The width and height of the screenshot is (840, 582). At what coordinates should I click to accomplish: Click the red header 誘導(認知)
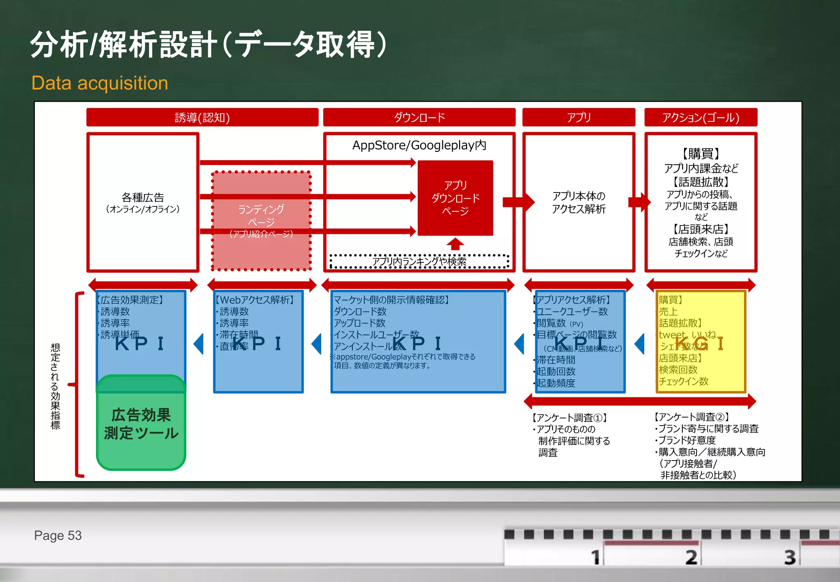(x=202, y=117)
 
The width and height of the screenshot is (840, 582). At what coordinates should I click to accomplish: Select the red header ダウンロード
(x=419, y=117)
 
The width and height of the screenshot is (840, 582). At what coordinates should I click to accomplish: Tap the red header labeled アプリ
(x=578, y=117)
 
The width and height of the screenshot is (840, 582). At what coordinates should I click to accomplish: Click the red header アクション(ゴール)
(x=701, y=117)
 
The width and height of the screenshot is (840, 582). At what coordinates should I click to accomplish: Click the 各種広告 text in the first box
(x=143, y=198)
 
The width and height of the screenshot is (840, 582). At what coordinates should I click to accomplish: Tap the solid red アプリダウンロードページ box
(x=455, y=198)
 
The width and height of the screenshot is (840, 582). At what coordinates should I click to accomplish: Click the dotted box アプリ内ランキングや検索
(x=419, y=261)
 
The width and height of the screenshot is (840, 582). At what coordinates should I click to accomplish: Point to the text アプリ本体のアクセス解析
(x=578, y=202)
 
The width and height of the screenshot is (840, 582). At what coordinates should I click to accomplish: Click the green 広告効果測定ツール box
(x=141, y=424)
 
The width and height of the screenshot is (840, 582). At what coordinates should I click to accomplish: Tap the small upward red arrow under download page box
(x=455, y=244)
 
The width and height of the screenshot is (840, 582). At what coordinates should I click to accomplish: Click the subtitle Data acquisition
(x=100, y=83)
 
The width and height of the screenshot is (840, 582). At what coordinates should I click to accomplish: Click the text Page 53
(x=58, y=535)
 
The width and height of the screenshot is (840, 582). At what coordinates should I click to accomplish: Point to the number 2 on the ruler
(x=691, y=557)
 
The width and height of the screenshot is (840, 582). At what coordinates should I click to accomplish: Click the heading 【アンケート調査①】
(x=569, y=418)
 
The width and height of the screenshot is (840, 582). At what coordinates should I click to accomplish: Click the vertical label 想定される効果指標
(x=55, y=386)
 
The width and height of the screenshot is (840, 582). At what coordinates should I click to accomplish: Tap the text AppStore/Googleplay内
(x=419, y=145)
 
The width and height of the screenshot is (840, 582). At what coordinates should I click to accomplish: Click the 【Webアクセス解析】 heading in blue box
(x=255, y=300)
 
